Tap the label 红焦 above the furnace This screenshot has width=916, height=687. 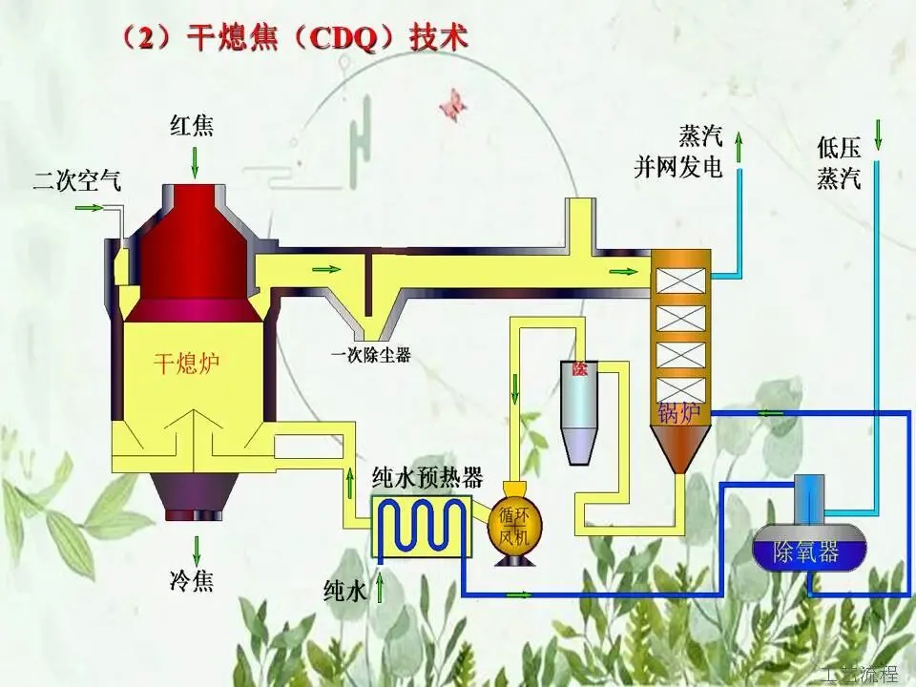pyautogui.click(x=194, y=126)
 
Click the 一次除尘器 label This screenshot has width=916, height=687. pyautogui.click(x=371, y=356)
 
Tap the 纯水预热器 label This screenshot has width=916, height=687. pyautogui.click(x=427, y=477)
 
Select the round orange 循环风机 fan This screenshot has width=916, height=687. pyautogui.click(x=515, y=526)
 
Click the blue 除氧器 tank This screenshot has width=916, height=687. pyautogui.click(x=808, y=551)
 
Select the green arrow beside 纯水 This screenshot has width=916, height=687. pyautogui.click(x=382, y=585)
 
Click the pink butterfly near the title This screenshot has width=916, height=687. pyautogui.click(x=453, y=105)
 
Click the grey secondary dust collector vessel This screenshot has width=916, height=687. pyautogui.click(x=579, y=412)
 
